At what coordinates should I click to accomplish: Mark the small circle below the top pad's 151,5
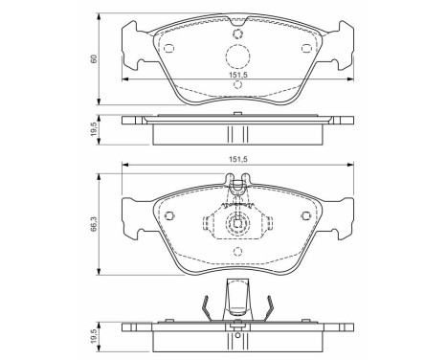[235, 86]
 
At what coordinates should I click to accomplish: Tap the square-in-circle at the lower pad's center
[235, 226]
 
